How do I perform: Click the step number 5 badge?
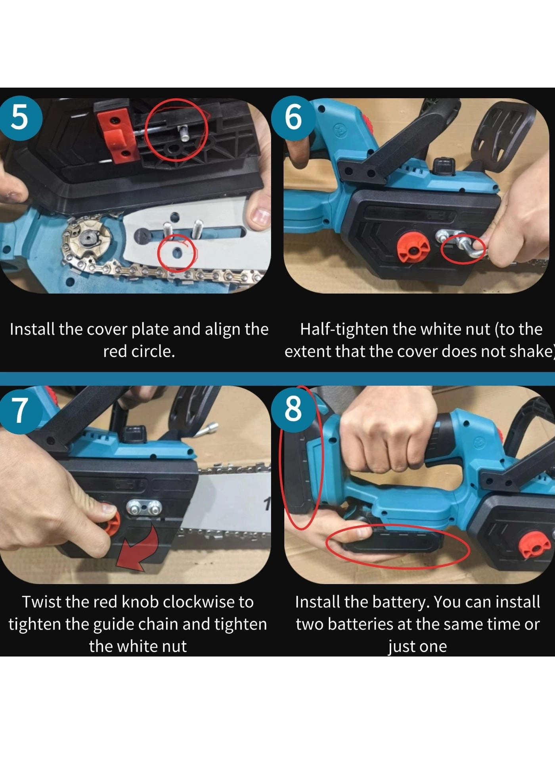[x=20, y=118]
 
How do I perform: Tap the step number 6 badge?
[x=293, y=118]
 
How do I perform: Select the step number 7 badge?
[x=20, y=410]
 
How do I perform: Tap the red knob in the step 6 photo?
[x=412, y=249]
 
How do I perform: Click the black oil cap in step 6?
[x=444, y=165]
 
